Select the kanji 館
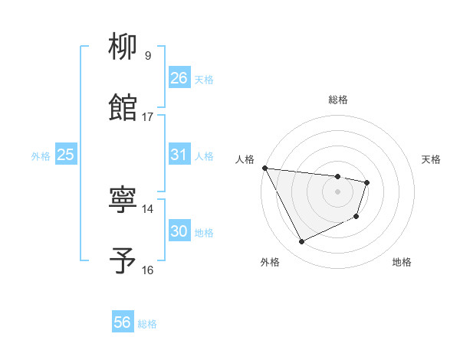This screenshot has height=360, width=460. [x=123, y=107]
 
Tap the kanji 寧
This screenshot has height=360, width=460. [x=123, y=201]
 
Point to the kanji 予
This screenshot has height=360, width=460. [x=123, y=260]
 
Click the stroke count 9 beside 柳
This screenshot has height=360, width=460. [x=148, y=55]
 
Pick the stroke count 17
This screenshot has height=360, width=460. [x=148, y=116]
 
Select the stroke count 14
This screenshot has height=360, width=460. [x=148, y=208]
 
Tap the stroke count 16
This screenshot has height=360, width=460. [x=148, y=270]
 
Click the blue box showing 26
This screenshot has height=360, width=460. [x=179, y=78]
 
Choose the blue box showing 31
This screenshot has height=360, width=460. [x=179, y=155]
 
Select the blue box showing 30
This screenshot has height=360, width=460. [x=179, y=231]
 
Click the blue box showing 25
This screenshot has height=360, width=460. [x=66, y=155]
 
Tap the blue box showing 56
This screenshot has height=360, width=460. [x=123, y=322]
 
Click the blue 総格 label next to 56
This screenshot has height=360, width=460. [x=148, y=324]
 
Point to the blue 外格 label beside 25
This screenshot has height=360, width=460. [x=41, y=156]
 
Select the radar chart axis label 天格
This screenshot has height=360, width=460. [x=432, y=159]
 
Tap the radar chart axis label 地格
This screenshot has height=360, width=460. [x=402, y=262]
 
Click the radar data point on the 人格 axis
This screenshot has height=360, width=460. [x=265, y=168]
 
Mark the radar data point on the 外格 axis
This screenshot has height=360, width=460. [x=301, y=242]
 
